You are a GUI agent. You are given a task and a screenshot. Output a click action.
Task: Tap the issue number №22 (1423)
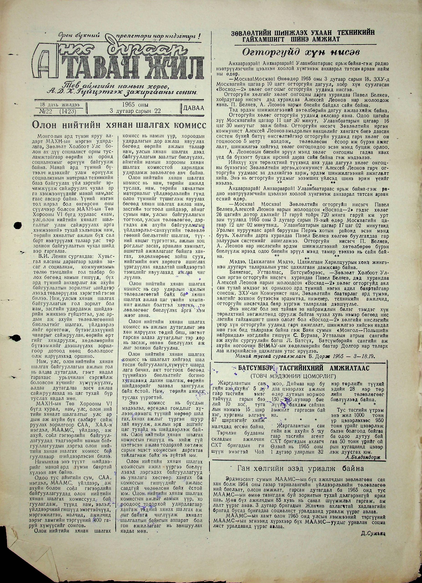(x=59, y=111)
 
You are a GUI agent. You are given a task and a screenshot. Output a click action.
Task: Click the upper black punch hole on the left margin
(x=17, y=224)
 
